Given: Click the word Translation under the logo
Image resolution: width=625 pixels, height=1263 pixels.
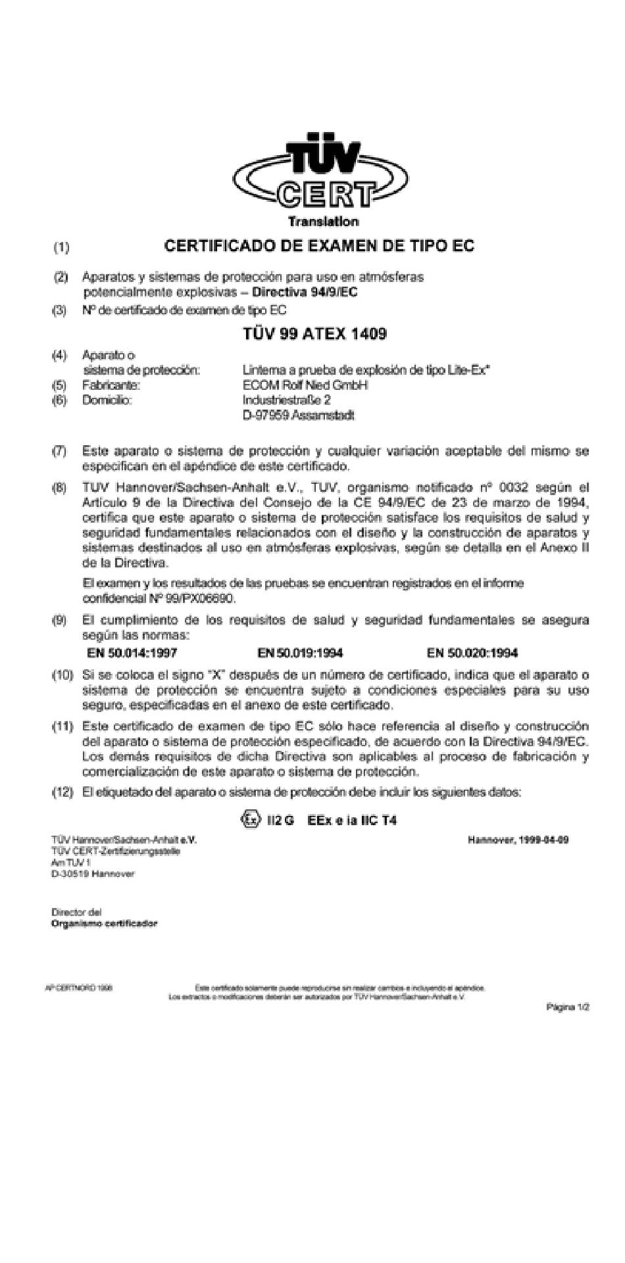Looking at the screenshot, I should [323, 222].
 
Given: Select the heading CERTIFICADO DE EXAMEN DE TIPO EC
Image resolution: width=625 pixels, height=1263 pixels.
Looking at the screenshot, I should [319, 246].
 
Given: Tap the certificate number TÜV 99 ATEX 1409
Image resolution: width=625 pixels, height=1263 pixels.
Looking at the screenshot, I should [314, 334].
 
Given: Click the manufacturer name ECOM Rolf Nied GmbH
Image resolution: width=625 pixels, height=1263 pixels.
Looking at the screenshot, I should [305, 385].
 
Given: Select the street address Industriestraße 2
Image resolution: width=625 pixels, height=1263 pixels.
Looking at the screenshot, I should [286, 400].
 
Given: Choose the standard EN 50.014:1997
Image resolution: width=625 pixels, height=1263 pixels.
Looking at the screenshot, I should [132, 653].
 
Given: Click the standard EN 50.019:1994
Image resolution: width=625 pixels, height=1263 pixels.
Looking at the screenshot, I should [300, 653].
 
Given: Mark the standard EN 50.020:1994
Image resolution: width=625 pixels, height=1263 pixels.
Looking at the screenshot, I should [472, 653].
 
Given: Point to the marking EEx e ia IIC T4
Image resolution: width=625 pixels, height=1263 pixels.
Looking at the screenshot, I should [351, 821].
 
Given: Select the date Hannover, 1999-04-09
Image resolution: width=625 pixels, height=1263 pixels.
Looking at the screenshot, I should [518, 840].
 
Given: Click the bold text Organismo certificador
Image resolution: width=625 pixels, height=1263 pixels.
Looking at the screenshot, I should [105, 923].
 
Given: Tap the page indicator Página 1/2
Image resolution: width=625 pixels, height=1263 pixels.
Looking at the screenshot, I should [568, 1007].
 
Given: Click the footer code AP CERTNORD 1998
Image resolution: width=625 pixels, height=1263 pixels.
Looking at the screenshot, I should [78, 988].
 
